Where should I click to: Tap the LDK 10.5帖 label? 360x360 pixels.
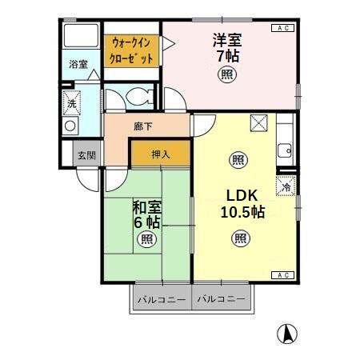242,204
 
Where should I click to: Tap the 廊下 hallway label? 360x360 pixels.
143,126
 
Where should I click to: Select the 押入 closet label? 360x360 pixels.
160,154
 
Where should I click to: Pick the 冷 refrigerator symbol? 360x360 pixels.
286,187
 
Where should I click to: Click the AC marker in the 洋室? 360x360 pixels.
282,29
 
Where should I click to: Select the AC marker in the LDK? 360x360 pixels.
282,275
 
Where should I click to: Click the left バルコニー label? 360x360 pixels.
161,300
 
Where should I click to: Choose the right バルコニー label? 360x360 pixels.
222,300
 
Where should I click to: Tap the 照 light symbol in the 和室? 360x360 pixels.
146,239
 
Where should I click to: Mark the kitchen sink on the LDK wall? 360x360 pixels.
284,150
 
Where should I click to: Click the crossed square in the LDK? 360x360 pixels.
258,122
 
